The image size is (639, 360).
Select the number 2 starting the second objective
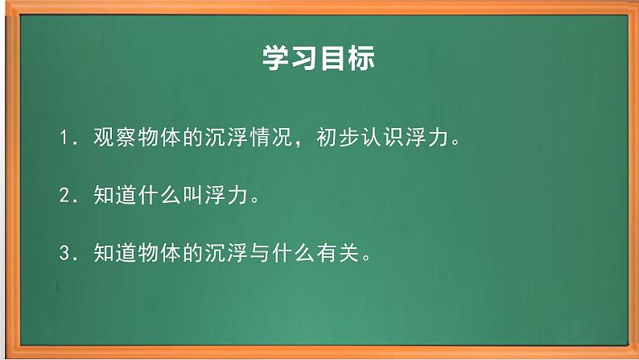coord(66,197)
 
